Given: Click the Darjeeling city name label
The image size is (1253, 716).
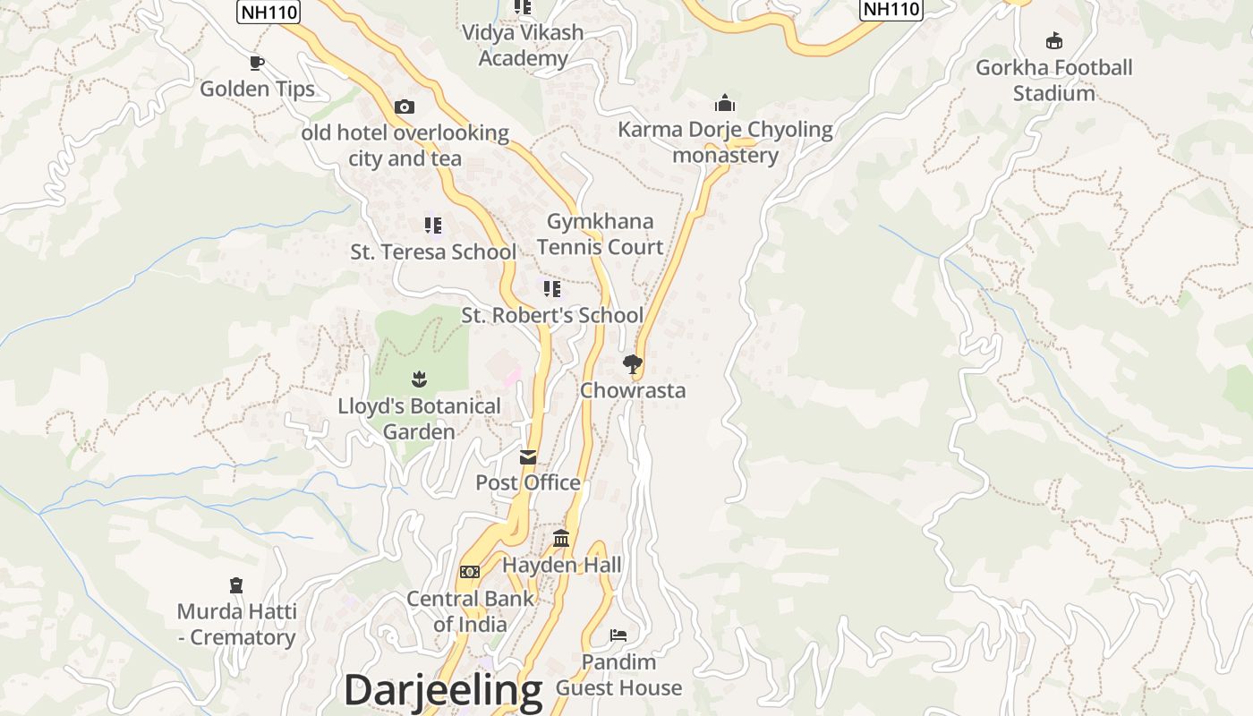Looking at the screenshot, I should [443, 691].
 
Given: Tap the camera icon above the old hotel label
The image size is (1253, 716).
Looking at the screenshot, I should [405, 107].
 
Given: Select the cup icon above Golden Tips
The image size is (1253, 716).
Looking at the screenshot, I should [257, 63].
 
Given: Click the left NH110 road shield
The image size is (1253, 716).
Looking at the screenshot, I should [268, 12].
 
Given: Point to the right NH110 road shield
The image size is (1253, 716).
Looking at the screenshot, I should [891, 9].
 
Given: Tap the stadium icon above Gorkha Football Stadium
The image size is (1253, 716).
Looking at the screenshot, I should [1054, 41].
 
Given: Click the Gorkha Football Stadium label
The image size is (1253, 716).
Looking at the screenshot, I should [1053, 81].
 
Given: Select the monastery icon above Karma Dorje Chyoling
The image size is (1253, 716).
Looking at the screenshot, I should [725, 104].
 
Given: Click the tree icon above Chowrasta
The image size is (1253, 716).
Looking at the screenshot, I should [633, 364].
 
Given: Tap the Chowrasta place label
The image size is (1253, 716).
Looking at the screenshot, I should [633, 390].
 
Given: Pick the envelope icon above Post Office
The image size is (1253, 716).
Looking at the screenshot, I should [528, 457].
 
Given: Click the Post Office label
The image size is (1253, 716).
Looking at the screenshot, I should [528, 482].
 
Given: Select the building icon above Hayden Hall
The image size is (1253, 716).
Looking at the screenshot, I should [561, 538].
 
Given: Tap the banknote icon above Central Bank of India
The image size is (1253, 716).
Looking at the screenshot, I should [470, 572].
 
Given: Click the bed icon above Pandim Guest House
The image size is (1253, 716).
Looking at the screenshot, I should [618, 635].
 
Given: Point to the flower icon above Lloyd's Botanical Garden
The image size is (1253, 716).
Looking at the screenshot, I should [419, 379].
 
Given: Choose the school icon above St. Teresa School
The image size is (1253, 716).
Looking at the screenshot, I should [433, 226].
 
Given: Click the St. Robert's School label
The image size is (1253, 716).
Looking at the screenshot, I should [552, 315].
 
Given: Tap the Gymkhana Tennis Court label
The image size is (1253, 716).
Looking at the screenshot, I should [601, 234].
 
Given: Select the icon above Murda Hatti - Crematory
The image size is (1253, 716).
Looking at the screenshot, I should [236, 585].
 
